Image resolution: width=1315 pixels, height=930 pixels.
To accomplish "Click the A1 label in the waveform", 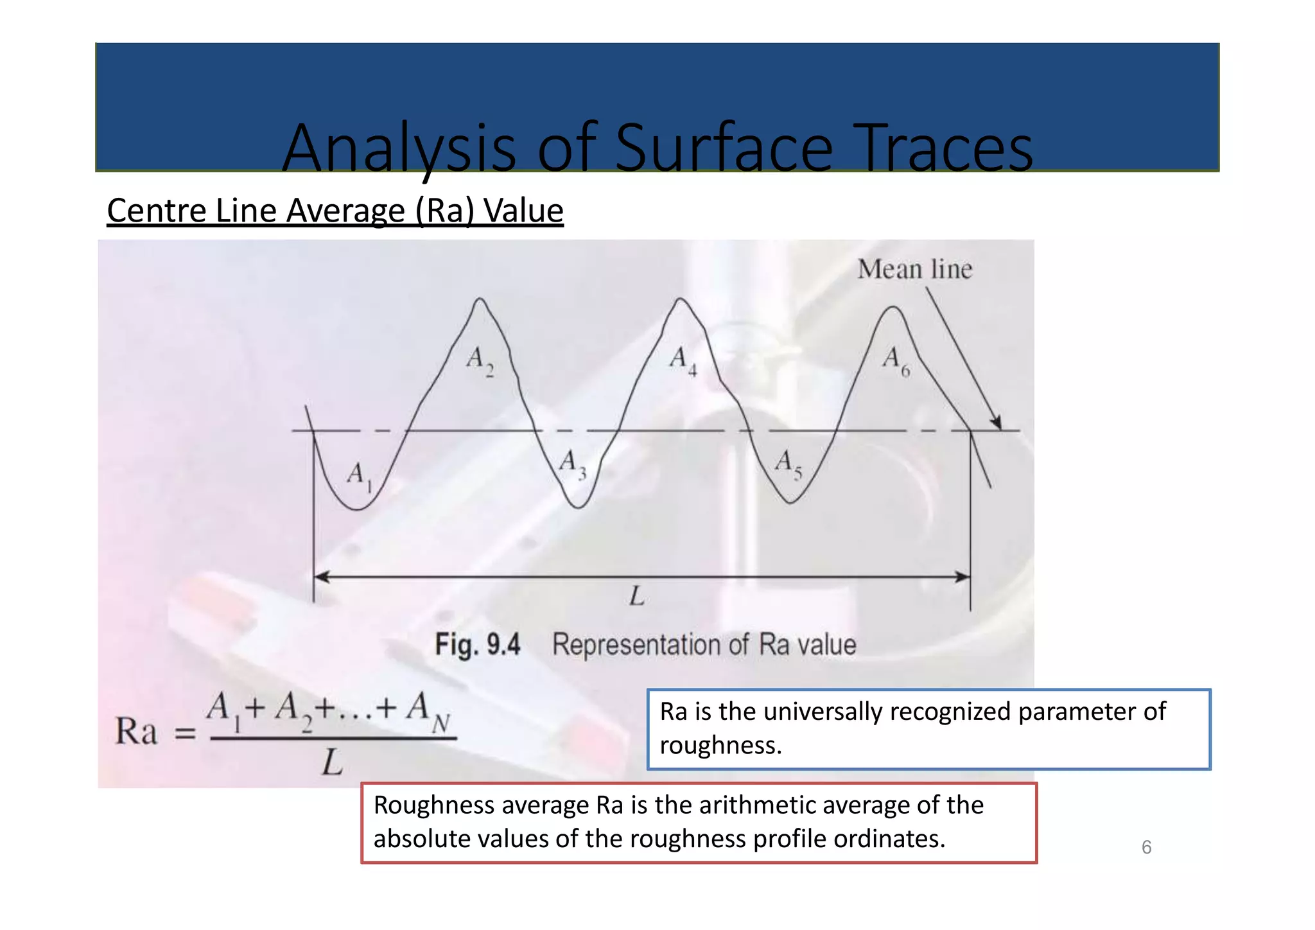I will (x=358, y=477).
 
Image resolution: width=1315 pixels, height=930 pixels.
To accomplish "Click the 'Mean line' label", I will (x=915, y=269).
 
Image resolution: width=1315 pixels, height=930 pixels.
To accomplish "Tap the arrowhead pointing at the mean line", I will (x=996, y=423).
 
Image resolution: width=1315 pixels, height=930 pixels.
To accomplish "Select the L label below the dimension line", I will (x=637, y=597).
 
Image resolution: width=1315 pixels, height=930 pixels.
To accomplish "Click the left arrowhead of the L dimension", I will (x=322, y=577).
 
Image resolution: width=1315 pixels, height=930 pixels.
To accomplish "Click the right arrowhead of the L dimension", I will (x=962, y=577).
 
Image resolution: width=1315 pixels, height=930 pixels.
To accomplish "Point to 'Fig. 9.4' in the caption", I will (x=478, y=644).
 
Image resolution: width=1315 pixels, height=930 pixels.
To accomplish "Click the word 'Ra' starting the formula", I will (x=136, y=732).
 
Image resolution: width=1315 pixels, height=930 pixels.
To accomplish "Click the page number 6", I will (x=1146, y=848).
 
